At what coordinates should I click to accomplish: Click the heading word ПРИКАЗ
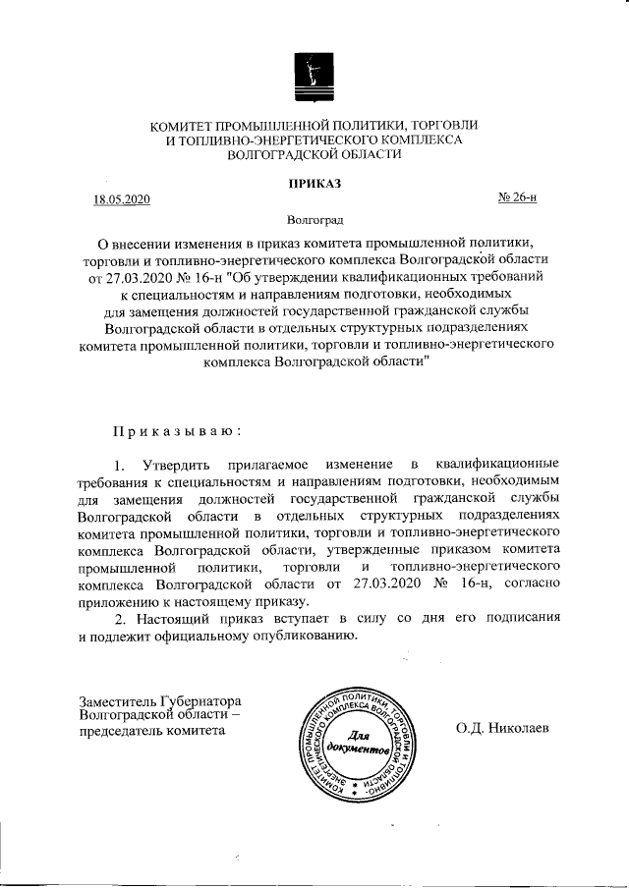[314, 183]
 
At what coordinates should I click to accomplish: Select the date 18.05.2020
[122, 200]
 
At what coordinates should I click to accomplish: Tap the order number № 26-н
[518, 199]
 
